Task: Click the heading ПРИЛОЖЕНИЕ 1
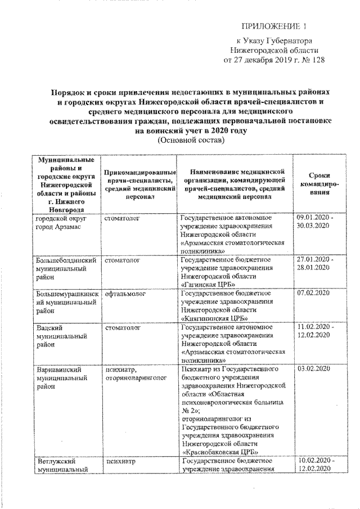(275, 26)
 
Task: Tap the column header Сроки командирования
(319, 184)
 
